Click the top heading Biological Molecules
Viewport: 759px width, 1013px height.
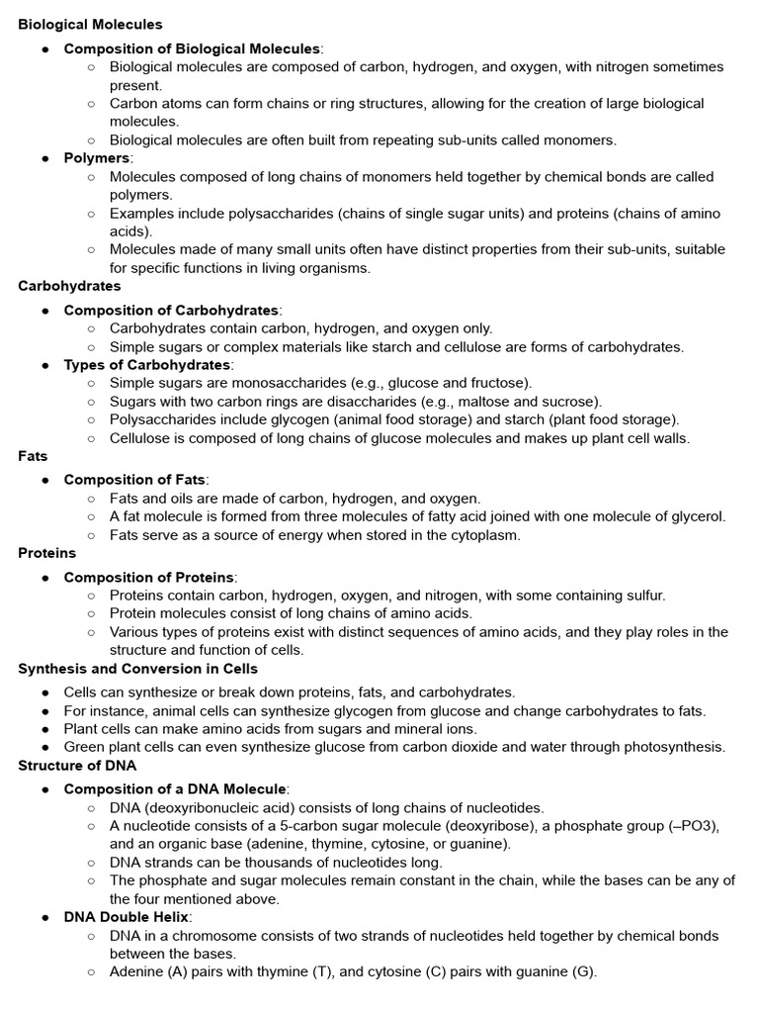tap(90, 24)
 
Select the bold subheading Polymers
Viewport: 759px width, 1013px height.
tap(97, 158)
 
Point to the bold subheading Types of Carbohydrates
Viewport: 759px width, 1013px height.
tap(147, 365)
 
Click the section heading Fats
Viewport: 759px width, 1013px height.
tap(33, 456)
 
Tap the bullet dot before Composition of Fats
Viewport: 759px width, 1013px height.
tap(45, 480)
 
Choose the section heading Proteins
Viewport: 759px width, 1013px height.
tap(46, 553)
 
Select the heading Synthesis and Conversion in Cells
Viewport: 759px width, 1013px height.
tap(137, 669)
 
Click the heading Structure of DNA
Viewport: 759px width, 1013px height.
tap(77, 765)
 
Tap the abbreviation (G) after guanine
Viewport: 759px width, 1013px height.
tap(584, 971)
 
